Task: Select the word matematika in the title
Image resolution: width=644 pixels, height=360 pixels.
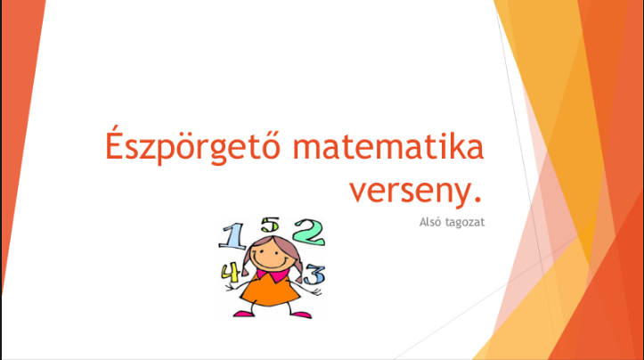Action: (x=388, y=146)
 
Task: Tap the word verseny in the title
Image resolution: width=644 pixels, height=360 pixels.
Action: (x=410, y=192)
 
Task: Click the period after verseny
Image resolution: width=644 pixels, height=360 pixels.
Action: (x=477, y=200)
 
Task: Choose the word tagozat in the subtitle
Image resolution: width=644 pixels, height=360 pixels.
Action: (x=465, y=223)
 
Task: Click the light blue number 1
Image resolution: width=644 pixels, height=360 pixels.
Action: (x=232, y=236)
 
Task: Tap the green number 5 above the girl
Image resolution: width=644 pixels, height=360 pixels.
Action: (x=270, y=225)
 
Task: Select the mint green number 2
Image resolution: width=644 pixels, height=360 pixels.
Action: (x=309, y=232)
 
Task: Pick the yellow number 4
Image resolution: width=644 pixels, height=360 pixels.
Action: (x=231, y=272)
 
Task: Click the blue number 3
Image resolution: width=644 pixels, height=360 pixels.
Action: (x=314, y=275)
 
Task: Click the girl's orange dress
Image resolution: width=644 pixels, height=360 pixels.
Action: (x=270, y=290)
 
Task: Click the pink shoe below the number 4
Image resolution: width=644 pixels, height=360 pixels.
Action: (x=244, y=314)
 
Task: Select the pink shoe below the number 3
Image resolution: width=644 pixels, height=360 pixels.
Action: (x=301, y=315)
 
